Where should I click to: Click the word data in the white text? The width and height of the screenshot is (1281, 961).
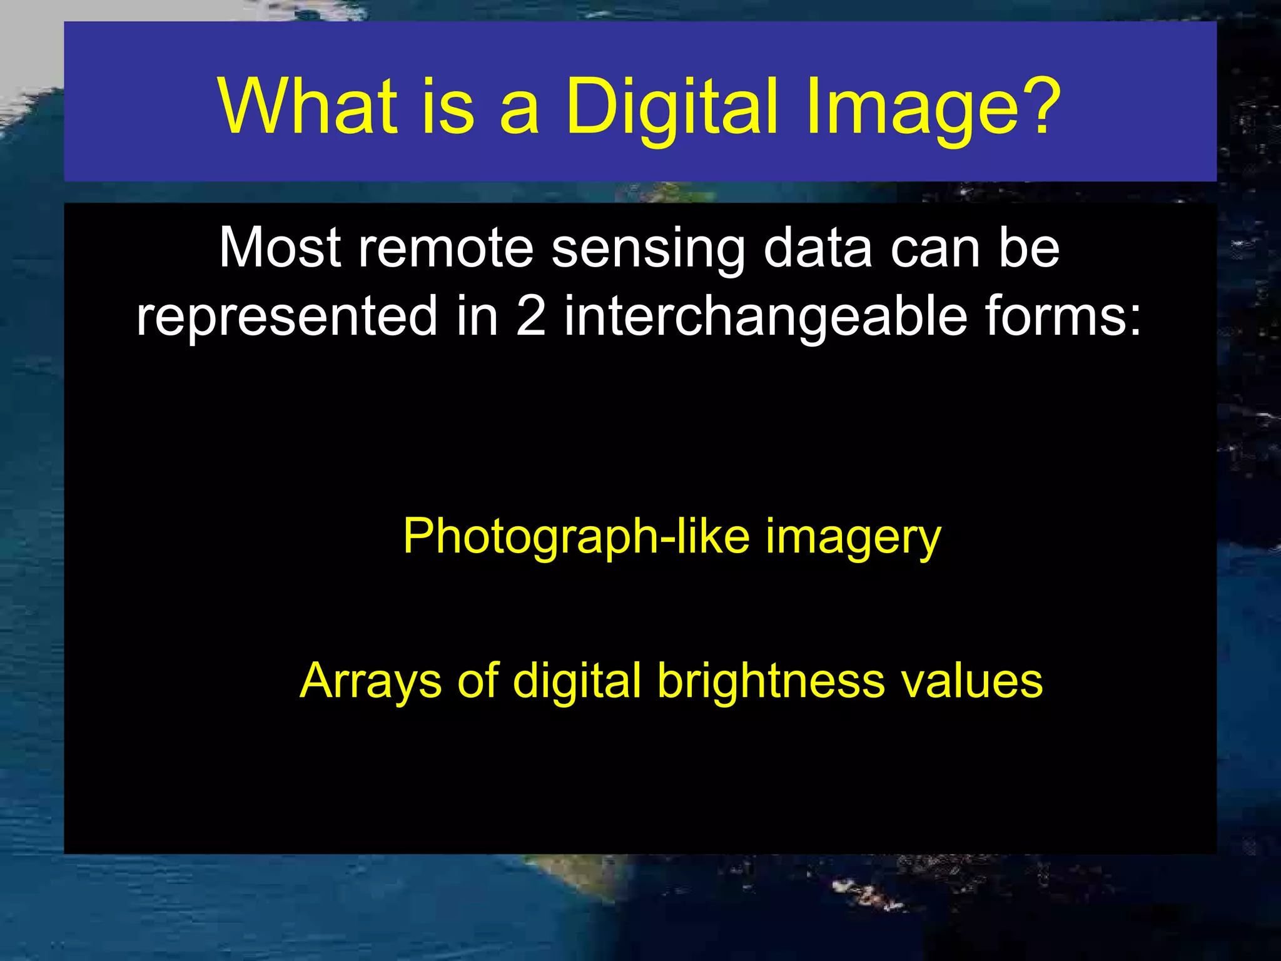[x=818, y=248]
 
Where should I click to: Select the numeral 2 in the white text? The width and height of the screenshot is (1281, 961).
[x=531, y=316]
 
